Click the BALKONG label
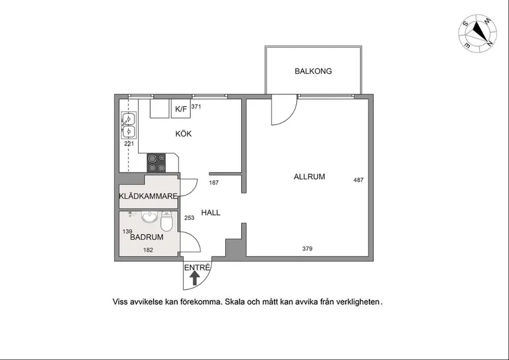pyautogui.click(x=313, y=71)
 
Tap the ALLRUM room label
pyautogui.click(x=309, y=177)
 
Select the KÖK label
pyautogui.click(x=183, y=133)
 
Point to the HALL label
pyautogui.click(x=210, y=213)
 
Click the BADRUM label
pyautogui.click(x=147, y=237)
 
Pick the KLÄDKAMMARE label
pyautogui.click(x=148, y=196)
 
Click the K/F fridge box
pyautogui.click(x=181, y=108)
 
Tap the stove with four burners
pyautogui.click(x=157, y=163)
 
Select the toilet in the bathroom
pyautogui.click(x=167, y=221)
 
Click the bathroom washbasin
pyautogui.click(x=149, y=216)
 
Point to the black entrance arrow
pyautogui.click(x=194, y=278)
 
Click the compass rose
pyautogui.click(x=478, y=33)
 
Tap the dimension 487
pyautogui.click(x=358, y=180)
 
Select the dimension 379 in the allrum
pyautogui.click(x=307, y=249)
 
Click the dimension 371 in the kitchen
pyautogui.click(x=196, y=107)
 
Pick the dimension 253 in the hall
pyautogui.click(x=189, y=218)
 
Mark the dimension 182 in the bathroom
pyautogui.click(x=148, y=250)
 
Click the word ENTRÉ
pyautogui.click(x=197, y=268)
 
